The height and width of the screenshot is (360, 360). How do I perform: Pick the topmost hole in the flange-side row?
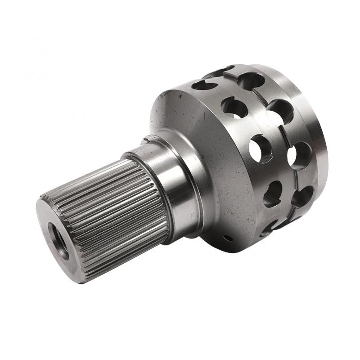tap(204, 85)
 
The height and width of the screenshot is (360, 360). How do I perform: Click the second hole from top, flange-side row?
tap(234, 108)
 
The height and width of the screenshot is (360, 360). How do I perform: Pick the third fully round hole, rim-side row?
tap(300, 156)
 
